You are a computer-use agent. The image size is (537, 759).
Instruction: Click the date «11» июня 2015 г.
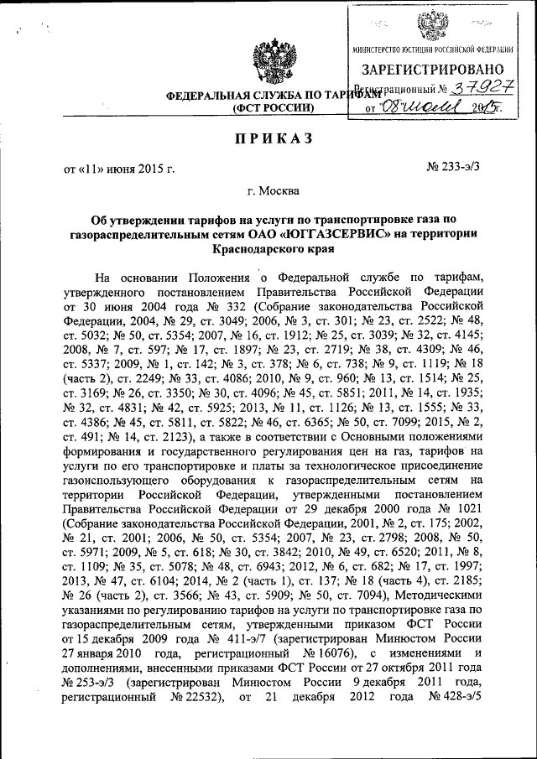pos(119,170)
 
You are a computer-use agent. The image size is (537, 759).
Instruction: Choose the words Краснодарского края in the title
pos(272,250)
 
